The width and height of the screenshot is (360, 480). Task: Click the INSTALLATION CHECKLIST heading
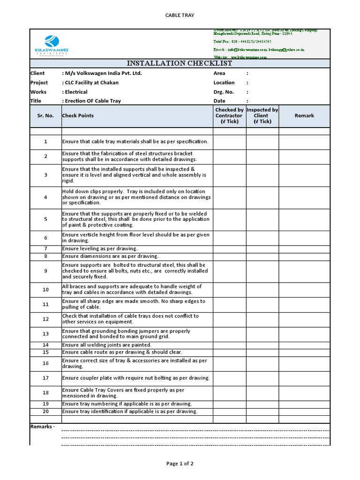(x=180, y=64)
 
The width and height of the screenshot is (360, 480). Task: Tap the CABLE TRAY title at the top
(x=180, y=15)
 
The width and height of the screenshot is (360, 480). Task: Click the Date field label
(x=219, y=101)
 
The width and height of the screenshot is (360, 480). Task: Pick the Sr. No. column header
(x=45, y=116)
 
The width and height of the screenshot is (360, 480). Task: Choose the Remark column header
(x=304, y=116)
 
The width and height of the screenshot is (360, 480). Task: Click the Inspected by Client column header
(x=262, y=116)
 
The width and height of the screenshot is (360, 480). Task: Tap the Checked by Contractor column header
(x=229, y=116)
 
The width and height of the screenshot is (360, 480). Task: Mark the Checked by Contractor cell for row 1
(x=229, y=142)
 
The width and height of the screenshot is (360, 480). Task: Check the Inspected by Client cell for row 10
(x=262, y=290)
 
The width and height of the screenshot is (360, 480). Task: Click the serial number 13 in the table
(x=45, y=334)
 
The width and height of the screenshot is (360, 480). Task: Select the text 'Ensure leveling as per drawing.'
(x=100, y=249)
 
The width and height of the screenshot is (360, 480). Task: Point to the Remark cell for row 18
(x=304, y=393)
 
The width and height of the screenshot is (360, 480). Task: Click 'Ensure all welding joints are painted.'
(x=106, y=345)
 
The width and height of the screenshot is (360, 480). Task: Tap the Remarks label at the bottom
(x=42, y=427)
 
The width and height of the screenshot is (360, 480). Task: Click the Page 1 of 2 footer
(x=180, y=464)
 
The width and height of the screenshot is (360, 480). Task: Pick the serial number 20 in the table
(x=45, y=412)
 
